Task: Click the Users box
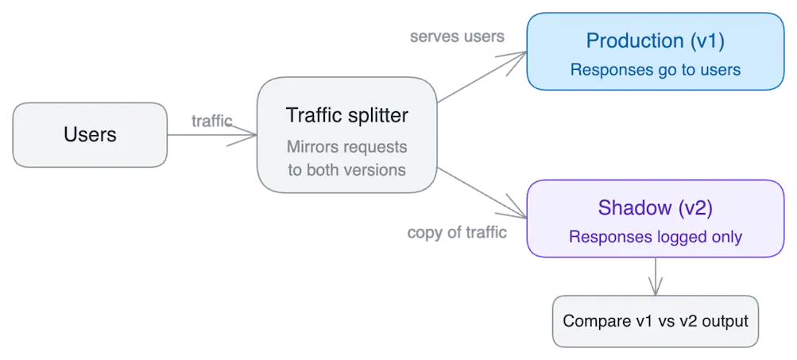90,135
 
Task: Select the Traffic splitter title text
346,115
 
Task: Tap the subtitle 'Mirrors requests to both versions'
346,158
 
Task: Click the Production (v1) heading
655,41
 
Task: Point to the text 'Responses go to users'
655,70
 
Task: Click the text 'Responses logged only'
655,237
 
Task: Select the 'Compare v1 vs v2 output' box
655,322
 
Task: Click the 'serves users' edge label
457,37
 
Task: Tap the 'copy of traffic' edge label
457,234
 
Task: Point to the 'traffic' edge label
212,121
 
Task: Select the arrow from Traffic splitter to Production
481,78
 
